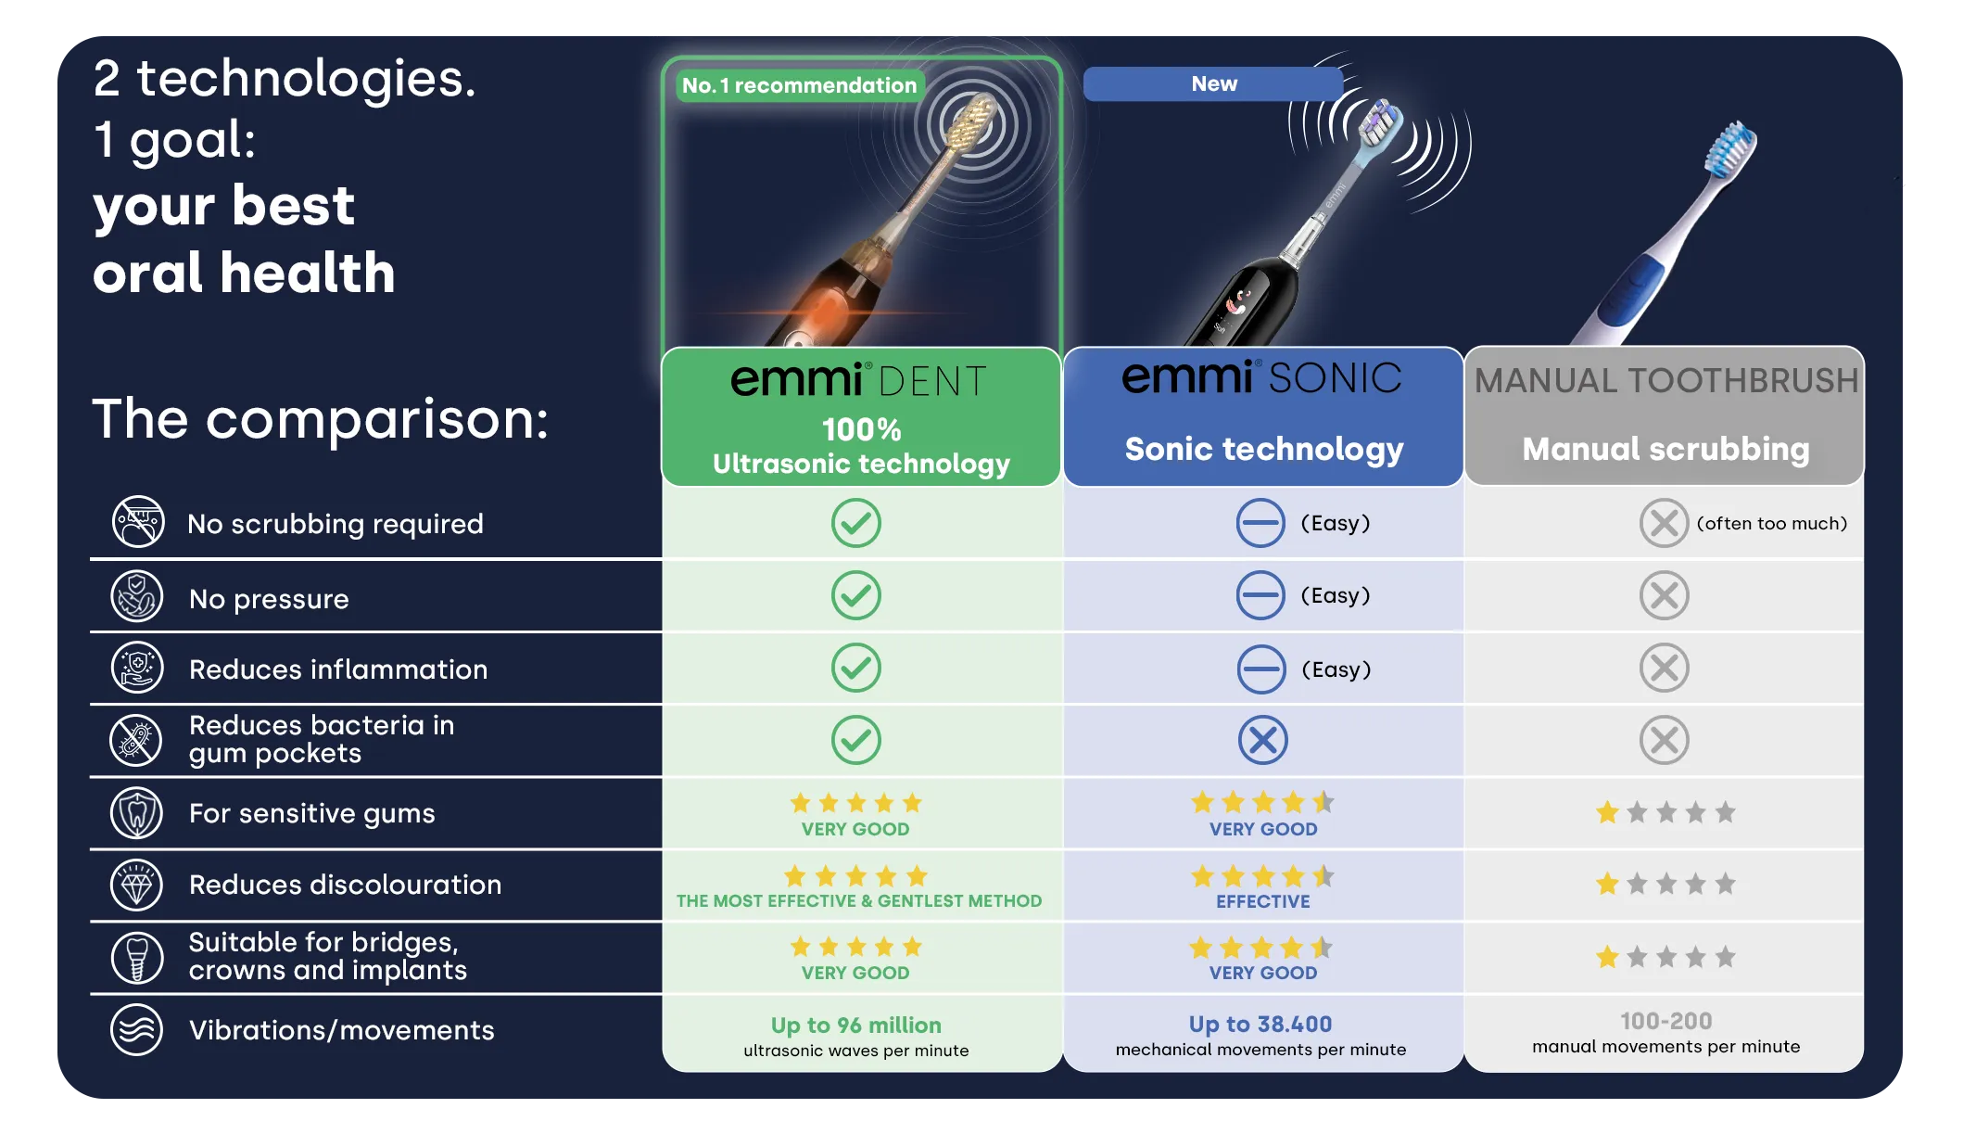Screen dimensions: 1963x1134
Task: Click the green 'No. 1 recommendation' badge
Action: pos(800,85)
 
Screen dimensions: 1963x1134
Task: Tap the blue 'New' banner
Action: pos(1213,83)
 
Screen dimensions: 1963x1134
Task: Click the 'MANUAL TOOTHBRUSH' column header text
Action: pos(1665,380)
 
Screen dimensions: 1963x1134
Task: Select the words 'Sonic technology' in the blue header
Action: pos(1264,449)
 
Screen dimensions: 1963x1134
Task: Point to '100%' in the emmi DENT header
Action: pos(861,429)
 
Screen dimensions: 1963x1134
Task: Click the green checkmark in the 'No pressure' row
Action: pos(855,595)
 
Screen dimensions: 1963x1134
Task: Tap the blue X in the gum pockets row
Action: pos(1262,740)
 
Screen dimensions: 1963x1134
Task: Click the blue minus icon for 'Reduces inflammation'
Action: pos(1261,669)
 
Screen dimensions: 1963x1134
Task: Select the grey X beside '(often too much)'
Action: pos(1664,523)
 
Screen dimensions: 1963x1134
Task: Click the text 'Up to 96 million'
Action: pos(855,1025)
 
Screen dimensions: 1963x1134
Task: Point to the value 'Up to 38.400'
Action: pos(1260,1024)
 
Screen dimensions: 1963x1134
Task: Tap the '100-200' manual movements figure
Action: pos(1665,1021)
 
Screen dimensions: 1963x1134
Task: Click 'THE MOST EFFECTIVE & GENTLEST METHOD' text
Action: pos(859,900)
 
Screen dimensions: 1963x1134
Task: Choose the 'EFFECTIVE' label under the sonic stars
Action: pos(1263,901)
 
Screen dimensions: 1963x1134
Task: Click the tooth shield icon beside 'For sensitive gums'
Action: pos(137,813)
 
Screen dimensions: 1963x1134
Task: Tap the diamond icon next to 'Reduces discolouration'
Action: pos(137,885)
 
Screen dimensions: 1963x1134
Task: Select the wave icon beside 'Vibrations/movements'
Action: pos(137,1029)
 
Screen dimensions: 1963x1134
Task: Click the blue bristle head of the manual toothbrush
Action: pos(1731,149)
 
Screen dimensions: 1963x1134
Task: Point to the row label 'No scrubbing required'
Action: pos(336,524)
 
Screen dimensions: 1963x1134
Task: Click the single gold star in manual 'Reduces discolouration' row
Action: pos(1607,884)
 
